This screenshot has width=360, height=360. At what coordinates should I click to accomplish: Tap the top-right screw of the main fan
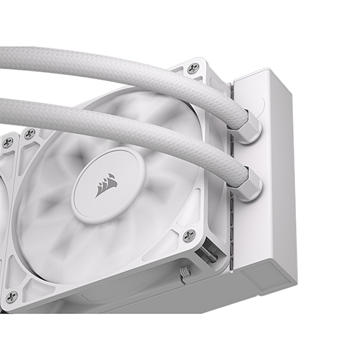tap(192, 68)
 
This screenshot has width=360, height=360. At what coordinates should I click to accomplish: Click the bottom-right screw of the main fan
tap(189, 235)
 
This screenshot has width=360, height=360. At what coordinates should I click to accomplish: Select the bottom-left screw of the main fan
tap(11, 296)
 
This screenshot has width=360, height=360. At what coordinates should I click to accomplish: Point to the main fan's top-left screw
tap(30, 133)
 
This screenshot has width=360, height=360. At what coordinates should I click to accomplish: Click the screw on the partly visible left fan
tap(7, 142)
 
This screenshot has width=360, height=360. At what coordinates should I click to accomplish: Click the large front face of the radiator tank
tap(270, 180)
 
